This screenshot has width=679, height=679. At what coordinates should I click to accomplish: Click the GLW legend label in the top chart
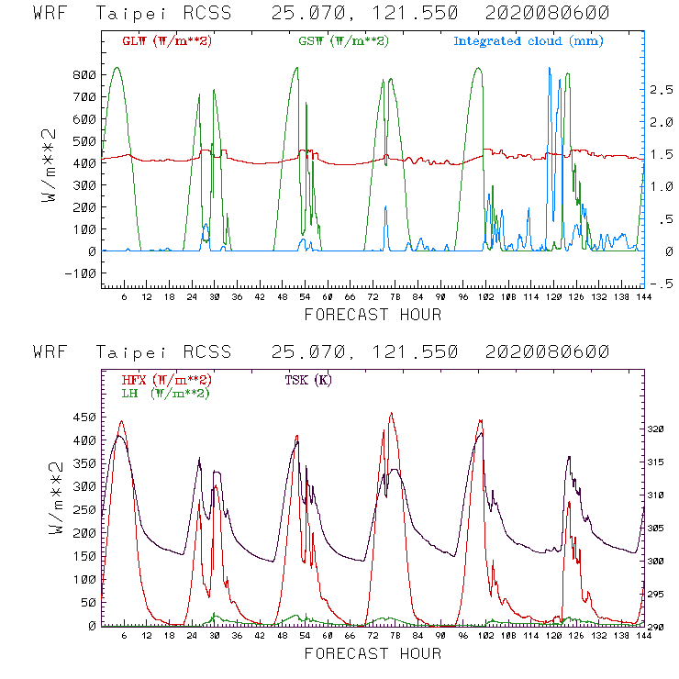[x=167, y=41]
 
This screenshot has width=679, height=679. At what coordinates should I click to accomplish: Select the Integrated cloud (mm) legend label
[x=529, y=41]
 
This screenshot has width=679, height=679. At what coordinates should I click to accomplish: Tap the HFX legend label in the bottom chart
[x=166, y=380]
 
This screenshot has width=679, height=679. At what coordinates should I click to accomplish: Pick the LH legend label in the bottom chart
[x=166, y=393]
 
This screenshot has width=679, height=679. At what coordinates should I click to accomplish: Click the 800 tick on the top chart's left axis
[x=84, y=75]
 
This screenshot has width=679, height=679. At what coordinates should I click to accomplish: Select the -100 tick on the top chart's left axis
[x=81, y=273]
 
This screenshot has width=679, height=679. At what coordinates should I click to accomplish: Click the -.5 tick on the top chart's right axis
[x=659, y=284]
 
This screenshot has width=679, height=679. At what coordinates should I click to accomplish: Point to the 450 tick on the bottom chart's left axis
[x=84, y=417]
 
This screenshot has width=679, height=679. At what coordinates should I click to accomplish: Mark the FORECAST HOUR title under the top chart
[x=373, y=315]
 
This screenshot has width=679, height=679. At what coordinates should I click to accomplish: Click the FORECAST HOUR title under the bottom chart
[x=373, y=653]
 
